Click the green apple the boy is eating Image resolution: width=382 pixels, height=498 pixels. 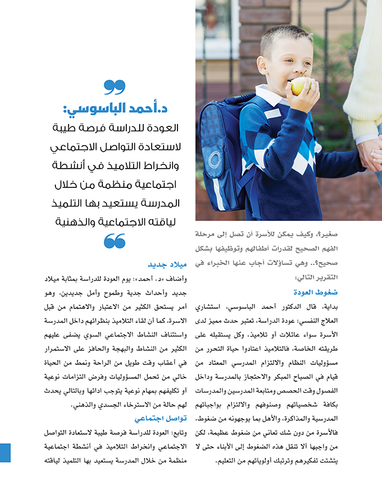[x=301, y=86]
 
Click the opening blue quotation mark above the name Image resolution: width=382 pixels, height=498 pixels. [x=114, y=87]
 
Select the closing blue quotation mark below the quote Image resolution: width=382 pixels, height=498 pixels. [x=114, y=241]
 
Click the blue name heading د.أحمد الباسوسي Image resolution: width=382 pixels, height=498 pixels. [x=114, y=109]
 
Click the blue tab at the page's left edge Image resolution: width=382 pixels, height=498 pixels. [x=5, y=452]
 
